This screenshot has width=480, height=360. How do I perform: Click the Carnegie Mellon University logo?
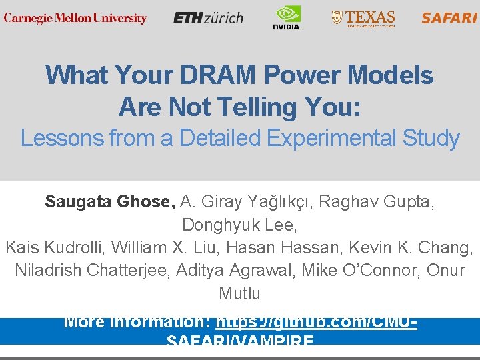(x=75, y=18)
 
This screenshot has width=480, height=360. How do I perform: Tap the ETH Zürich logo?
(x=208, y=18)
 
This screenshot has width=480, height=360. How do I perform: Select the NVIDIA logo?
(x=287, y=17)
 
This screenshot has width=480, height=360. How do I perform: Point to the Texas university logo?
(x=363, y=18)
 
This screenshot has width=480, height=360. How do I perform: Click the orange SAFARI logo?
(x=449, y=18)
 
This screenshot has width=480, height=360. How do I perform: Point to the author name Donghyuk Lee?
(x=239, y=225)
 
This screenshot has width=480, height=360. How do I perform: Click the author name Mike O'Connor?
(x=361, y=271)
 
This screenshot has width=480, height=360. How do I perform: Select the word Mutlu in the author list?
(x=239, y=293)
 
